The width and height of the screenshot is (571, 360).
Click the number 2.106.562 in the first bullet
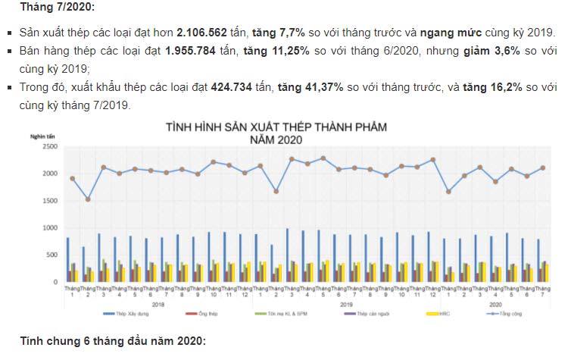pos(207,33)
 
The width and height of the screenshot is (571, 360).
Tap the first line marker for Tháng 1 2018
pos(72,179)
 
